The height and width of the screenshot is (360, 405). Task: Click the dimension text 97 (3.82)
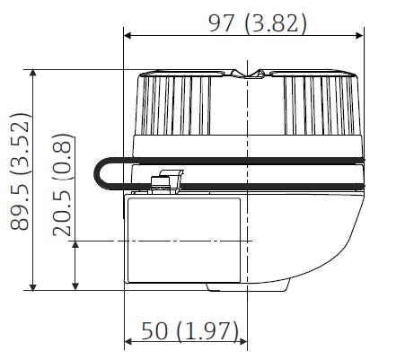click(x=258, y=23)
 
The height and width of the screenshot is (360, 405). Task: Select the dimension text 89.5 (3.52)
click(x=20, y=171)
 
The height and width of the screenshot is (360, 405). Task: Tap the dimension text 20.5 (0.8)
click(x=62, y=185)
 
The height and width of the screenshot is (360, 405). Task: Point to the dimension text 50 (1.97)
click(x=190, y=331)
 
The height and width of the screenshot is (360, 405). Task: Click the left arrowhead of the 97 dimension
click(x=128, y=36)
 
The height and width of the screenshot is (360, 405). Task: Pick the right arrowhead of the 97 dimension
click(x=359, y=36)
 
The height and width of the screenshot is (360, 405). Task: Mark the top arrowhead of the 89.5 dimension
click(x=33, y=73)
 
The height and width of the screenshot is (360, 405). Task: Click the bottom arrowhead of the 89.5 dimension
click(x=33, y=286)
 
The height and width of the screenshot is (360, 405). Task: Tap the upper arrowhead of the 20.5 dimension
click(x=75, y=245)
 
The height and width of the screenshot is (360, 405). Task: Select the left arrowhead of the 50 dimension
click(x=128, y=341)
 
